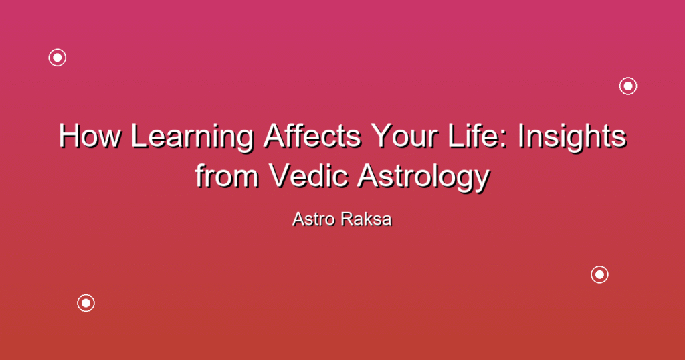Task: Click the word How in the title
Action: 90,136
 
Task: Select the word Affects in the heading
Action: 312,136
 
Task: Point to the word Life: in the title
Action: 480,136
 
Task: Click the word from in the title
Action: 227,175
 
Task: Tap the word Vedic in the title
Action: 308,175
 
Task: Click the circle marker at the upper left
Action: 58,58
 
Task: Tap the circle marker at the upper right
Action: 628,86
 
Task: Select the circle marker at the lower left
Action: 86,303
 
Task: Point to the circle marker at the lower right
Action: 600,275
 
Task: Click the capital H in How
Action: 69,136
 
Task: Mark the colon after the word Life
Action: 504,139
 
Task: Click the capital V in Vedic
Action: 280,175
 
